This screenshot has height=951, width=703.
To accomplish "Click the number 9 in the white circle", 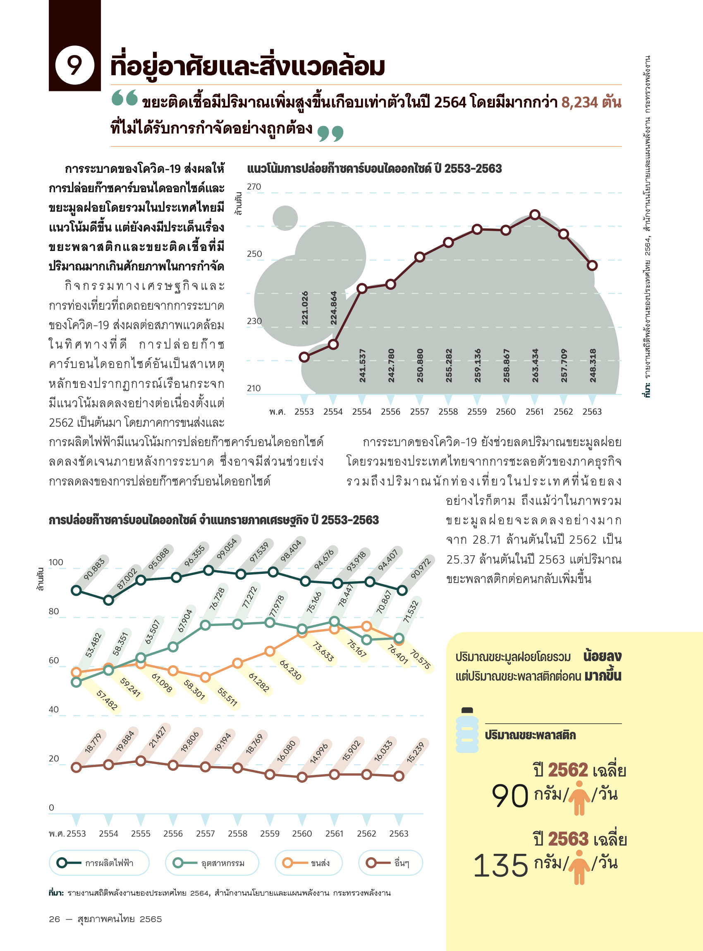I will point(74,65).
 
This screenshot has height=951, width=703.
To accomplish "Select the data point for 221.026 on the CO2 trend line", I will point(304,357).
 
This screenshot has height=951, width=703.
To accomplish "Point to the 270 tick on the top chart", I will point(254,187).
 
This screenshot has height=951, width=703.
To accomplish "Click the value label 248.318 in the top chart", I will point(593,366).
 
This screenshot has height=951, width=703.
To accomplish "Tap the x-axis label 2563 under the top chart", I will point(592,412).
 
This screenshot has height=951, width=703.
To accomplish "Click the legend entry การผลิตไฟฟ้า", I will point(99,863).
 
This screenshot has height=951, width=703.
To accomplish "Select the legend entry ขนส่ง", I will point(308,863).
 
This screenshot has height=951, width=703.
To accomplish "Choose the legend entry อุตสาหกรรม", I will point(211,863).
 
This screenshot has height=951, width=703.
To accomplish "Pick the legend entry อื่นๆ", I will point(390,863).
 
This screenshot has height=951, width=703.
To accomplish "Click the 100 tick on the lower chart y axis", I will point(56,562).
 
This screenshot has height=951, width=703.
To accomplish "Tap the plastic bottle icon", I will point(467,731).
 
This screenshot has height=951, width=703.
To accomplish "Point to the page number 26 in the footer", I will point(54,919).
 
